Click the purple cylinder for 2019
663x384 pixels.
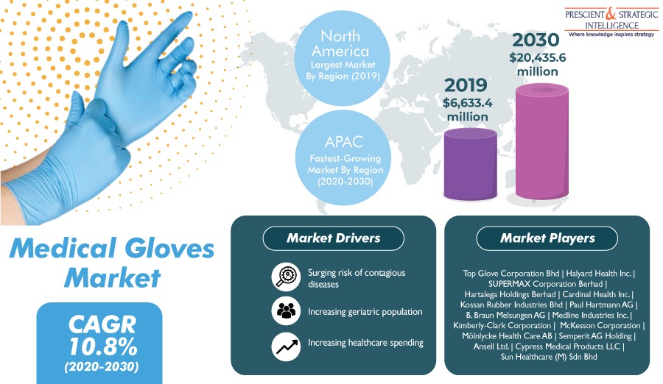pos(470,164)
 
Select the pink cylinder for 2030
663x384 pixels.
pos(542,141)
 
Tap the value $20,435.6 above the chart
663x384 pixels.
pos(538,57)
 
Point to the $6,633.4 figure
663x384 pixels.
pos(467,103)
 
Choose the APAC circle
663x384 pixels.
pos(343,158)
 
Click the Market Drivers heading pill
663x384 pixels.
pos(333,238)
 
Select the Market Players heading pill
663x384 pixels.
pos(547,238)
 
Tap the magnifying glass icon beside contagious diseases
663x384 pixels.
pos(286,277)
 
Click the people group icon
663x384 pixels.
pos(286,311)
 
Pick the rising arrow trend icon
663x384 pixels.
pos(286,346)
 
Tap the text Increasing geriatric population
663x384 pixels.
pos(365,312)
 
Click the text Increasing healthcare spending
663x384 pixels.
pos(365,343)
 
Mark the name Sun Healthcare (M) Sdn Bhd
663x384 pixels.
pos(549,357)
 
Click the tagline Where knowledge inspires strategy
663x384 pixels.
pos(611,35)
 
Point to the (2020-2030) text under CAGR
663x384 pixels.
pos(102,366)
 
